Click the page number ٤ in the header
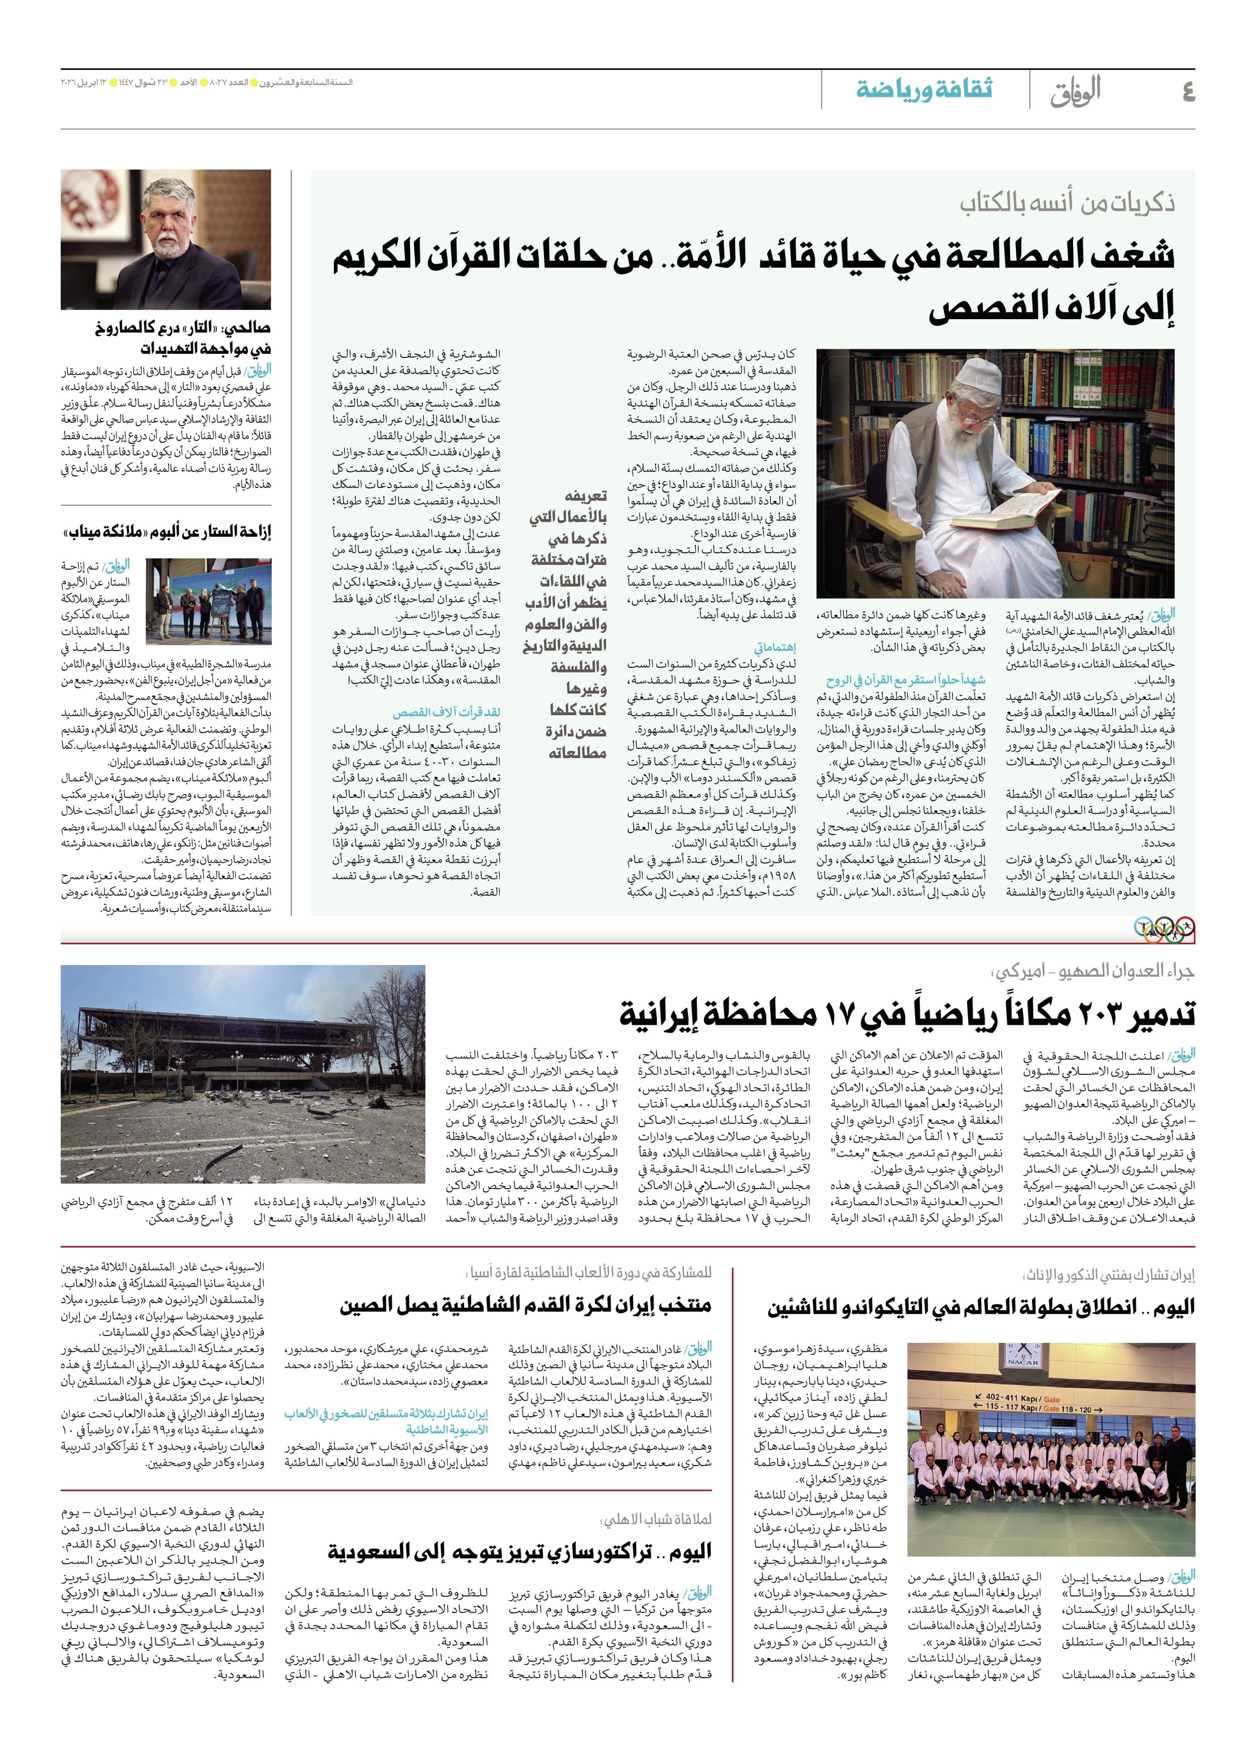1188,92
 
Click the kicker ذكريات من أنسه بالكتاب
1067,203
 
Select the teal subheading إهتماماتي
774,647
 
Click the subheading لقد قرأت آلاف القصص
446,712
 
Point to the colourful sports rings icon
1165,929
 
